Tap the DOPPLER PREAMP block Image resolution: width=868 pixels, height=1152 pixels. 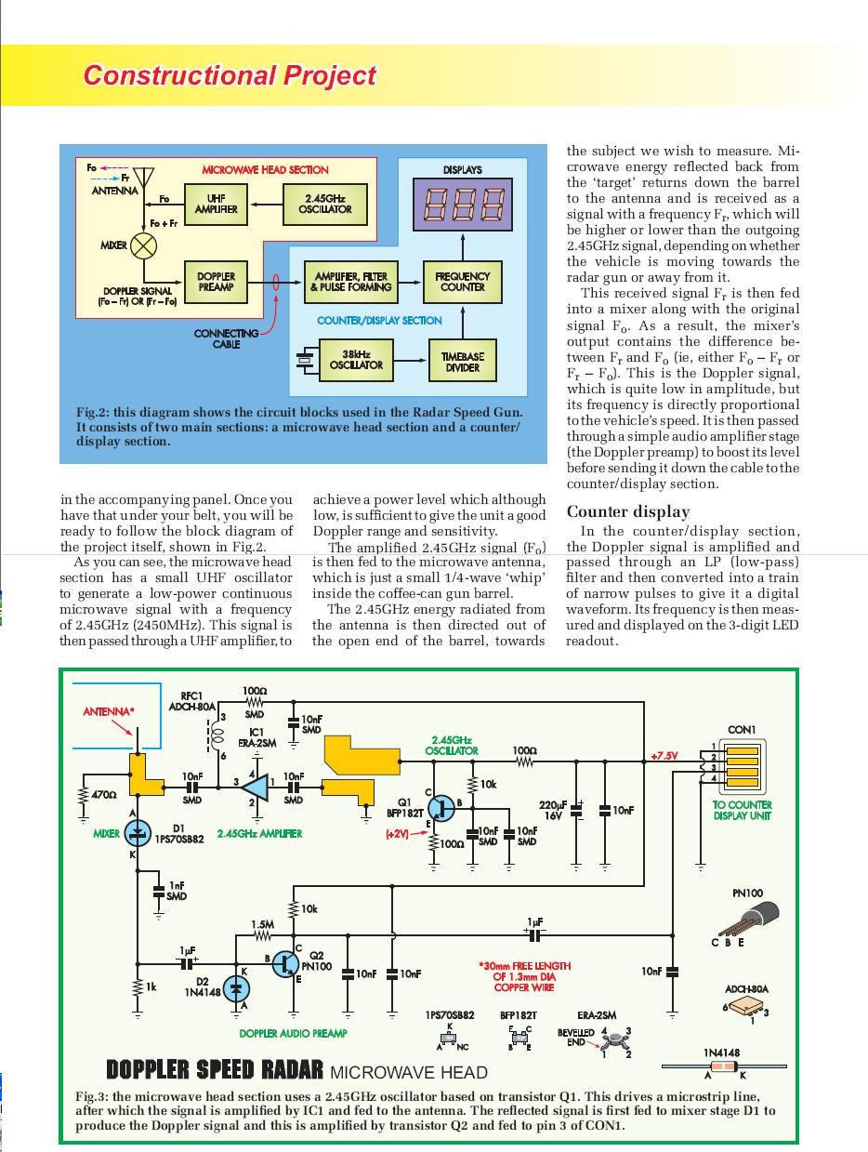(x=216, y=282)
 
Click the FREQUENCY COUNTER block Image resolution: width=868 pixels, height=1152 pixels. (x=462, y=282)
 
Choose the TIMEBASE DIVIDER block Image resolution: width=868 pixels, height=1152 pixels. (x=462, y=361)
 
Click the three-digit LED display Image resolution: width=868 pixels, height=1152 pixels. (x=462, y=204)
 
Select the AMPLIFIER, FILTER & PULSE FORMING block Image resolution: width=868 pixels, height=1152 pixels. (x=350, y=282)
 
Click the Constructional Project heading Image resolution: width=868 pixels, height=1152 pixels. (x=230, y=75)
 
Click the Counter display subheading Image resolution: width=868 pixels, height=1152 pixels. (x=628, y=511)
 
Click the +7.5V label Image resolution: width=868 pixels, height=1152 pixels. (x=664, y=756)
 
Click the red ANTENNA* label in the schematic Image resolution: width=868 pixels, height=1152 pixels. (x=109, y=712)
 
